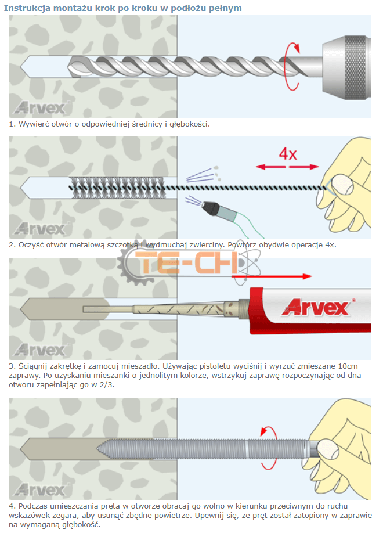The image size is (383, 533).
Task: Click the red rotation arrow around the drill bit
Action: click(292, 66)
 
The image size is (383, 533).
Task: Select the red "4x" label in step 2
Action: click(288, 154)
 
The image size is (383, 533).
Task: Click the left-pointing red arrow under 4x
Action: click(270, 167)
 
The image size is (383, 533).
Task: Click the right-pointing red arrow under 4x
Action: click(304, 167)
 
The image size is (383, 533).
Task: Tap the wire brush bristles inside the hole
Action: click(118, 188)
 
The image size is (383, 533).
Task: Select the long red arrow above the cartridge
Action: click(272, 276)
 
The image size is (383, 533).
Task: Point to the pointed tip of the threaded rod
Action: click(97, 449)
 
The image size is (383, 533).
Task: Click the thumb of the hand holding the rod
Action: click(327, 449)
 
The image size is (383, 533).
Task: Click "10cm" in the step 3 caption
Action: click(348, 366)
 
